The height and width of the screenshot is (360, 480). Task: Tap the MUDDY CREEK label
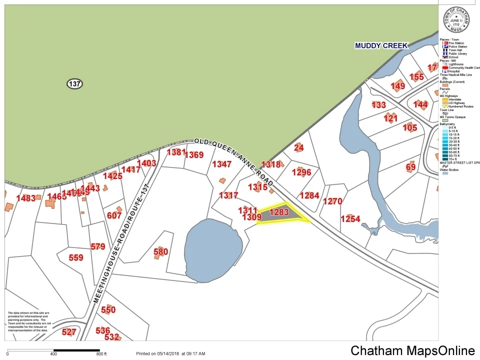coord(381,46)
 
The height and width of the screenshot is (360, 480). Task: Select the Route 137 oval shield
coord(74,84)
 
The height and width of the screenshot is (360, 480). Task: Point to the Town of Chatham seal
coord(456,20)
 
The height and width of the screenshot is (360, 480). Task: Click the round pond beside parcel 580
coord(210,248)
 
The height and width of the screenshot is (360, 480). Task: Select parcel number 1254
coord(350,219)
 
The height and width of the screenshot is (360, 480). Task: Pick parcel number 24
coord(299,147)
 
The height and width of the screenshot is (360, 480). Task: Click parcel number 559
coord(76,258)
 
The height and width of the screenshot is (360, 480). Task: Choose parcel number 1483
coord(26,198)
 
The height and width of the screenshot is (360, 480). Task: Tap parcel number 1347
coord(221,164)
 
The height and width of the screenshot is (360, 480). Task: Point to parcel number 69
coord(410,167)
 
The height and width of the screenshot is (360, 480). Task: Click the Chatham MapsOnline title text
coord(412,350)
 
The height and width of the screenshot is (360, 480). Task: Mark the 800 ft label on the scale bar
coord(102,354)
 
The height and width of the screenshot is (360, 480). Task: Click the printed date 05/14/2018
coord(163,354)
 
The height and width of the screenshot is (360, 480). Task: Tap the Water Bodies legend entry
coord(450,170)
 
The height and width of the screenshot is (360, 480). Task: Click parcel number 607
coord(114,215)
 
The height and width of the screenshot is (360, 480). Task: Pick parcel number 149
coord(398,86)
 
